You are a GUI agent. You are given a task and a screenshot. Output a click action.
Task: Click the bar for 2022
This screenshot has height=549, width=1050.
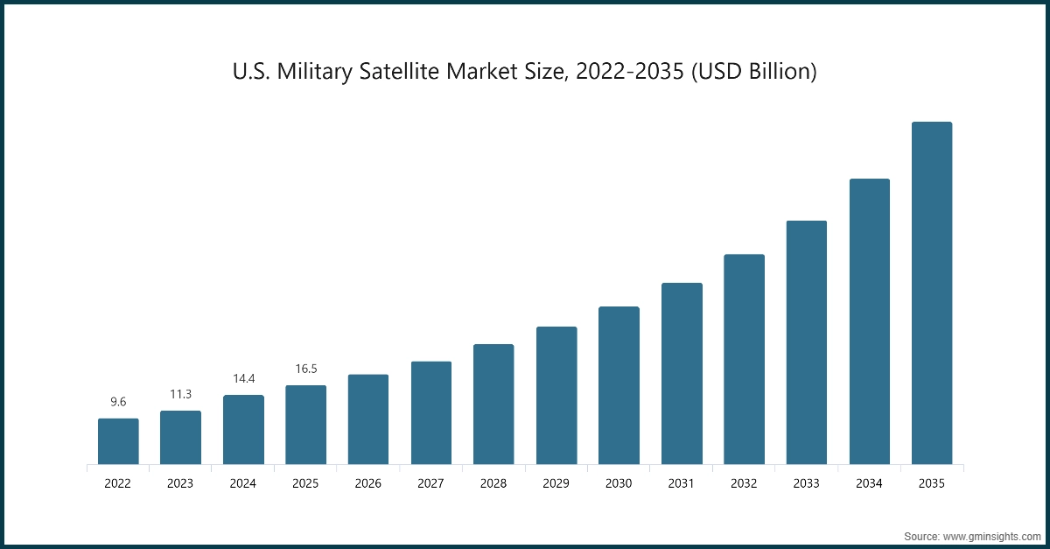tap(118, 441)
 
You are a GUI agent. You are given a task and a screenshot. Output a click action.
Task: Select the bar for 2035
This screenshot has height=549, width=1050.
tap(932, 293)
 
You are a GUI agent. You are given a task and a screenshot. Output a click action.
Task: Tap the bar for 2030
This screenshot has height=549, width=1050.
tap(619, 385)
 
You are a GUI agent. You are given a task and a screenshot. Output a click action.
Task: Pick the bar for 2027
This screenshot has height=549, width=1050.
tap(431, 412)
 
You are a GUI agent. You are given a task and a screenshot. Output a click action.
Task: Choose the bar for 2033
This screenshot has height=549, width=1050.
tap(807, 342)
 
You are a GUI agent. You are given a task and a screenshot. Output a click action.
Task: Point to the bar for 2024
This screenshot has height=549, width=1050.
tap(243, 429)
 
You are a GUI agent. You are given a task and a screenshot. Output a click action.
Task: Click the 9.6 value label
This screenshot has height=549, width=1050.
tap(118, 402)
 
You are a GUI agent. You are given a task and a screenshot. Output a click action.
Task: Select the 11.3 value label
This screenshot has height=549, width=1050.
tap(180, 394)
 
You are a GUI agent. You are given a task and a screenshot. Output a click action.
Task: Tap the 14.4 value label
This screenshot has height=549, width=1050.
tap(243, 378)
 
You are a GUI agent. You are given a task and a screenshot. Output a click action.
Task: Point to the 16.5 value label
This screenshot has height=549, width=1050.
tap(306, 369)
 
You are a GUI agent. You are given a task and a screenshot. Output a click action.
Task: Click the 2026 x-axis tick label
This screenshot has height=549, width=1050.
tap(368, 483)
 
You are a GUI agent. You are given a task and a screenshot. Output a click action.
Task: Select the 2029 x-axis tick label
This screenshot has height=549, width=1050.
tap(556, 483)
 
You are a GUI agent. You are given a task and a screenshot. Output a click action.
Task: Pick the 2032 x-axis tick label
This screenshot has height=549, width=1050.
tap(744, 483)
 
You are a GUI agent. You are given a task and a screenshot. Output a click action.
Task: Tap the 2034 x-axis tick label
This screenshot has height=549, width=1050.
tap(869, 483)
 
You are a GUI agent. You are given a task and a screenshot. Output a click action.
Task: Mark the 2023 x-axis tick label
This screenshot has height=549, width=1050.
tap(180, 483)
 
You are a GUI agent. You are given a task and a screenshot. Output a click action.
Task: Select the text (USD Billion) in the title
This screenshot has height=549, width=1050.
tap(753, 72)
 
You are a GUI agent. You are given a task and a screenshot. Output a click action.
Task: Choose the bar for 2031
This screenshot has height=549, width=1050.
tap(682, 373)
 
